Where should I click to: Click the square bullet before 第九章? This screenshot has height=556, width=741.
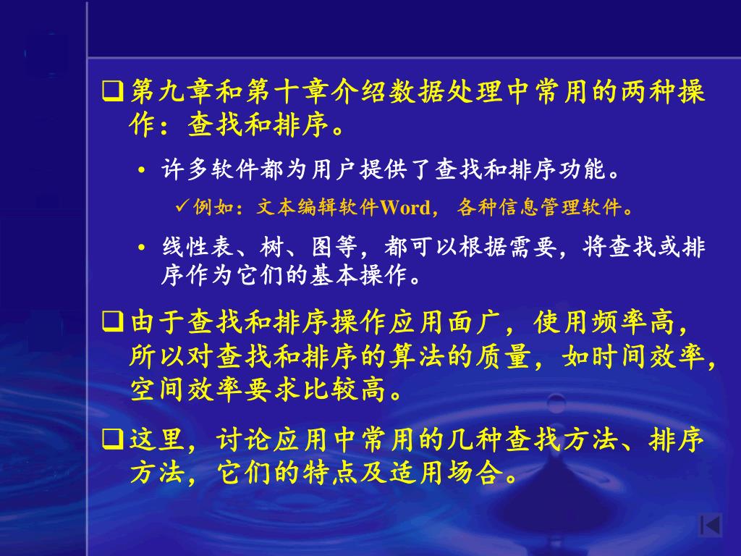pyautogui.click(x=113, y=92)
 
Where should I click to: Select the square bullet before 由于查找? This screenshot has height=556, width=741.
pyautogui.click(x=113, y=322)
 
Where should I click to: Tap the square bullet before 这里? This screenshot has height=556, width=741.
pyautogui.click(x=113, y=439)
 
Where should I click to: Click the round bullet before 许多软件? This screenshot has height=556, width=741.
pyautogui.click(x=141, y=170)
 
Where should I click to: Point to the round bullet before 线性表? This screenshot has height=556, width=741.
pyautogui.click(x=141, y=248)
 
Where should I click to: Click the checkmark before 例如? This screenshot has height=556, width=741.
pyautogui.click(x=182, y=206)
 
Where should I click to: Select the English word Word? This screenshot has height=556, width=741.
pyautogui.click(x=405, y=208)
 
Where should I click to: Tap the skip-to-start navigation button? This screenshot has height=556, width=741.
pyautogui.click(x=710, y=526)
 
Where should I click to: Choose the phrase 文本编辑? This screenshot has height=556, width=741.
pyautogui.click(x=297, y=207)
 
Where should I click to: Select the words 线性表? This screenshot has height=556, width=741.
pyautogui.click(x=198, y=247)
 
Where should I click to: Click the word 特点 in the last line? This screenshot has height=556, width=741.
pyautogui.click(x=330, y=472)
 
